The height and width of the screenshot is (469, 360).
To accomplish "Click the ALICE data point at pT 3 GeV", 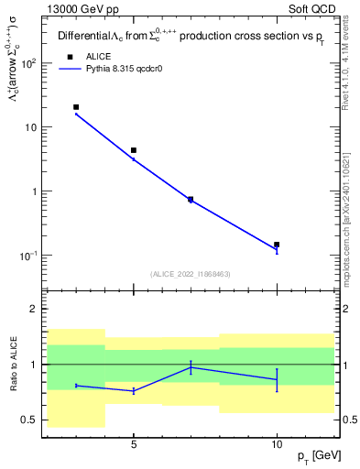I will [x=76, y=107].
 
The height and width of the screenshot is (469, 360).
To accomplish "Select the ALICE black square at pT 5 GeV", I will [x=134, y=150].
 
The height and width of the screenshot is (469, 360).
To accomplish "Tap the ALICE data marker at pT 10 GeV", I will [x=277, y=245].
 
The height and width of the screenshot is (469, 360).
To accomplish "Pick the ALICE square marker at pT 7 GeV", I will [x=191, y=199].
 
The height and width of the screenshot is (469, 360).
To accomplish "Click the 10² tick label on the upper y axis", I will [x=30, y=63].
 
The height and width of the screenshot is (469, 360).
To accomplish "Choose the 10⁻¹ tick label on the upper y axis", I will [x=30, y=256].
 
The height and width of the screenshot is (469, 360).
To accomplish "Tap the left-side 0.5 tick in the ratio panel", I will [x=31, y=420].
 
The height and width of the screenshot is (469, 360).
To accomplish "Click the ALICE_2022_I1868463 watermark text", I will [x=191, y=274].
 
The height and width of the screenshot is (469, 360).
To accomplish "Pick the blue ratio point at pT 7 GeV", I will [x=191, y=367].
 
